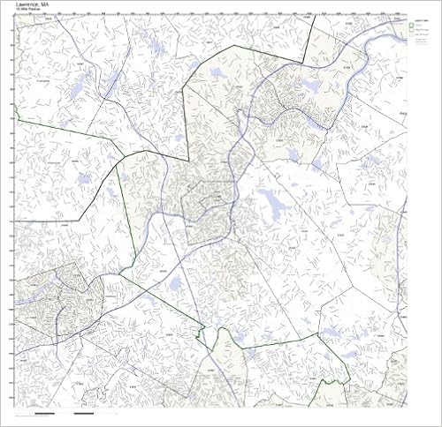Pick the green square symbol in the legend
point(413,26)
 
